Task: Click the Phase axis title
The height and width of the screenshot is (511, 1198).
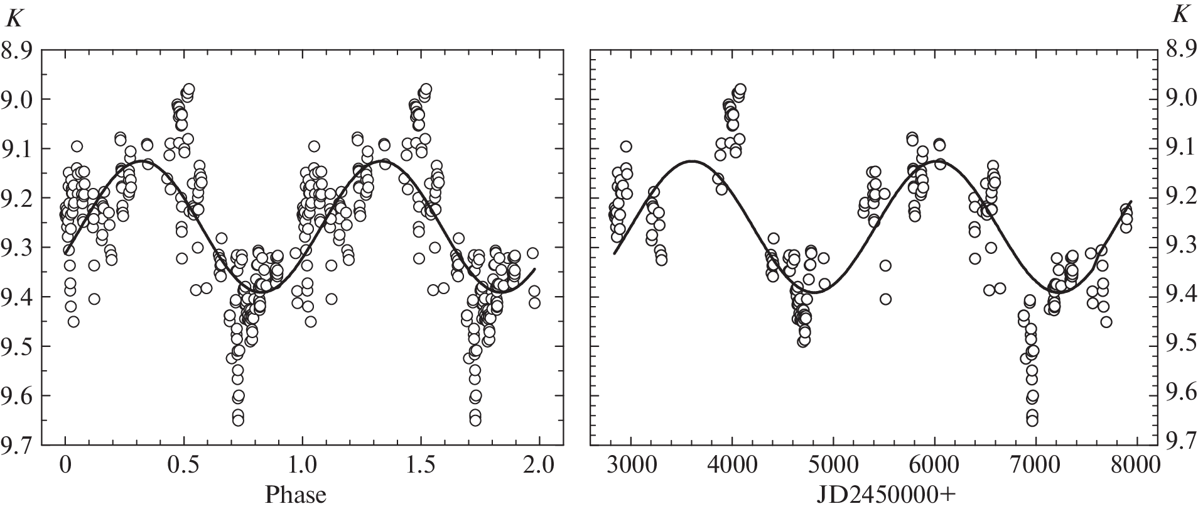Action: (x=295, y=495)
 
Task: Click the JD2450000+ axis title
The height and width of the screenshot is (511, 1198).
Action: (x=886, y=495)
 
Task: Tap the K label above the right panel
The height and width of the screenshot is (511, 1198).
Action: (x=1180, y=16)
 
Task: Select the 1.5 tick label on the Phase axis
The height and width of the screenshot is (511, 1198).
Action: (x=421, y=467)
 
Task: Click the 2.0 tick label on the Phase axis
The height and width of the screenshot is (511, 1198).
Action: (x=539, y=467)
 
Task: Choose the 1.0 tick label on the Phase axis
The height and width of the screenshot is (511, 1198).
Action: (x=303, y=467)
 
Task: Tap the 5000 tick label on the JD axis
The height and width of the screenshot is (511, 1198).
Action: (x=833, y=467)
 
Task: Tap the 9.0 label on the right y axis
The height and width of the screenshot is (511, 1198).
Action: (x=1180, y=99)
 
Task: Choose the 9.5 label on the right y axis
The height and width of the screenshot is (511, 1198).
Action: (x=1180, y=346)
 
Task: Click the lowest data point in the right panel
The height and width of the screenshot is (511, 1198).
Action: (x=1032, y=420)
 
